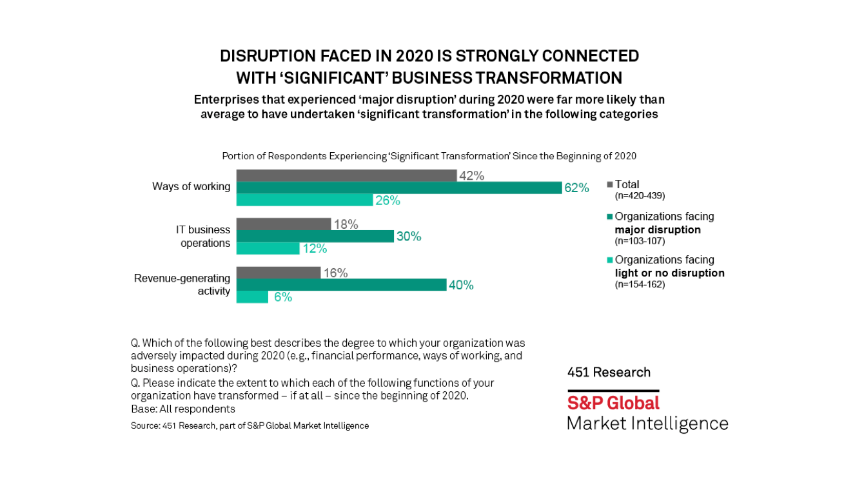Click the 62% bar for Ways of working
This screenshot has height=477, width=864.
click(x=399, y=188)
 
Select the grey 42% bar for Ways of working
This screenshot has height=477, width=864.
click(x=346, y=175)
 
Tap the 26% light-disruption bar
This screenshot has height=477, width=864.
click(x=304, y=200)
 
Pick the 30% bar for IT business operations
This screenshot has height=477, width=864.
click(x=315, y=237)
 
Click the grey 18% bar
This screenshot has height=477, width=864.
click(x=283, y=224)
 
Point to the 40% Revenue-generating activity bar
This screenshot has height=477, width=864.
click(x=341, y=285)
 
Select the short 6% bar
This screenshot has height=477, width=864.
click(x=252, y=297)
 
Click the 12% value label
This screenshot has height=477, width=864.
click(x=315, y=249)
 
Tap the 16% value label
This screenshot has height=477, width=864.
click(x=336, y=273)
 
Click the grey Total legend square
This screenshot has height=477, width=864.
click(x=610, y=184)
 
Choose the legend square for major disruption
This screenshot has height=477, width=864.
click(x=610, y=217)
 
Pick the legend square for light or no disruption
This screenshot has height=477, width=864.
click(x=610, y=260)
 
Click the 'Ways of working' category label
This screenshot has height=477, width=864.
click(x=191, y=186)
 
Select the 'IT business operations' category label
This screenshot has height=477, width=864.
click(x=203, y=237)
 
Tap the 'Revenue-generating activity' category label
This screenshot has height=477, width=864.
click(x=182, y=285)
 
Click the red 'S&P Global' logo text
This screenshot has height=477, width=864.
click(x=613, y=403)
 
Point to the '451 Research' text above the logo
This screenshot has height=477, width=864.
click(x=609, y=373)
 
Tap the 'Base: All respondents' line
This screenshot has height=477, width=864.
click(x=182, y=409)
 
